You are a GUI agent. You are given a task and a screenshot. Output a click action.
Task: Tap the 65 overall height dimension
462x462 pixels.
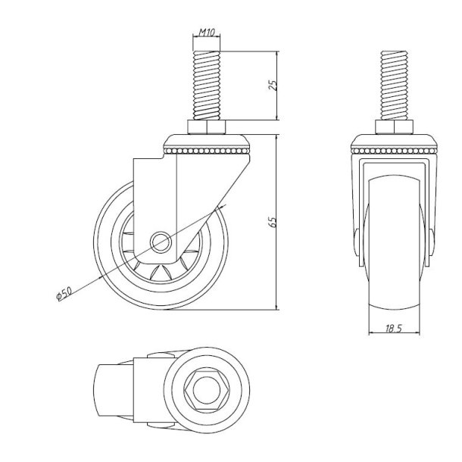(275, 220)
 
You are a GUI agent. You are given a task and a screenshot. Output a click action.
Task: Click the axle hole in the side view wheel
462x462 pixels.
(161, 243)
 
